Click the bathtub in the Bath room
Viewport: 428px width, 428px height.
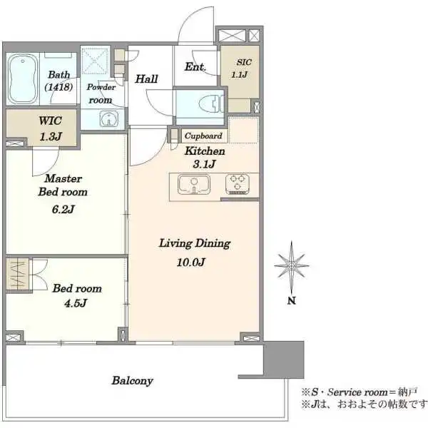pos(22,79)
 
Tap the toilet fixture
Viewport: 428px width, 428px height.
pos(211,103)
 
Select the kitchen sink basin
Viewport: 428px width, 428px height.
pos(194,185)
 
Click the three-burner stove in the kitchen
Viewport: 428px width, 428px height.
pos(238,184)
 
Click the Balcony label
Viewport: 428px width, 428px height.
pos(133,380)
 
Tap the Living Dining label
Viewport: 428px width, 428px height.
pos(195,243)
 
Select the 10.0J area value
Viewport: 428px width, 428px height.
pos(190,263)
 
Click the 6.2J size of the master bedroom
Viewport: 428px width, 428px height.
pos(63,209)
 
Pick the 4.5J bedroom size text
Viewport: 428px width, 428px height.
pos(76,303)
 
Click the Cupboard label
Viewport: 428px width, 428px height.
pos(203,136)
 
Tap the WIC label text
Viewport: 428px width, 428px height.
pos(50,121)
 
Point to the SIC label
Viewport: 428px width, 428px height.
pos(244,62)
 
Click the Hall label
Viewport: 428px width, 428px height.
pos(146,79)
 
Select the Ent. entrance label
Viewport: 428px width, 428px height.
pos(195,66)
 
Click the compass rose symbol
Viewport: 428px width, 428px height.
pos(292,265)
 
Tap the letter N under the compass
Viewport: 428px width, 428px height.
pos(292,301)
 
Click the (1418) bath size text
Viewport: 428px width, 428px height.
pos(58,87)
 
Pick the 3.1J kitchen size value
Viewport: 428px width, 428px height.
pos(204,164)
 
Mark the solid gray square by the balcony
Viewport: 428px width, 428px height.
pos(284,360)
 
